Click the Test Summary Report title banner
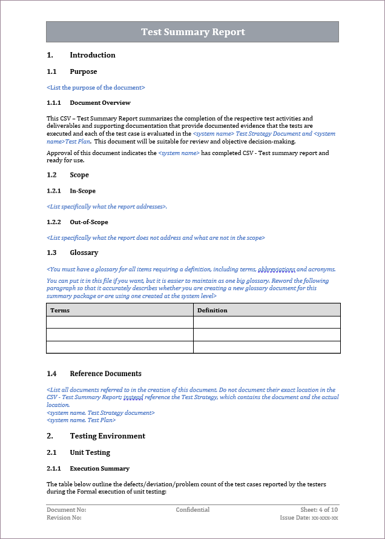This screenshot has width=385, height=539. pyautogui.click(x=192, y=32)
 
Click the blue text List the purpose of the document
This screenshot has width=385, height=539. pyautogui.click(x=96, y=88)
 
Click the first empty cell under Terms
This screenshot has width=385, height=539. pyautogui.click(x=120, y=323)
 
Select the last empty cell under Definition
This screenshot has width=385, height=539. pyautogui.click(x=266, y=347)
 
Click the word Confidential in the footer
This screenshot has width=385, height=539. pyautogui.click(x=192, y=510)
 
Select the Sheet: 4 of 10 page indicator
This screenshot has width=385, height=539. pyautogui.click(x=319, y=510)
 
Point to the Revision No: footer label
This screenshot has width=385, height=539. pyautogui.click(x=64, y=518)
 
